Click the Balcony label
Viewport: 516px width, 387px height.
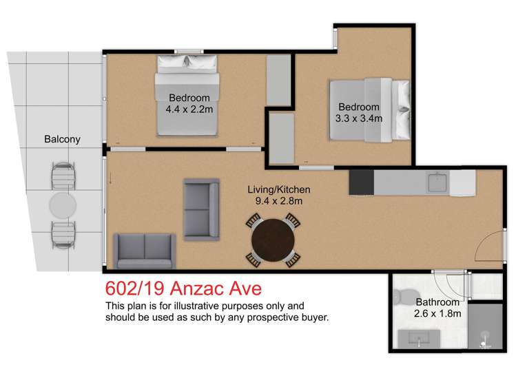[x=62, y=139]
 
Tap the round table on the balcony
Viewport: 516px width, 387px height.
[x=63, y=205]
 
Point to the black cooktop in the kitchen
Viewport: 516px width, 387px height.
[x=361, y=183]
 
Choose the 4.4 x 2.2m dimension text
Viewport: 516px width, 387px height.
[x=189, y=109]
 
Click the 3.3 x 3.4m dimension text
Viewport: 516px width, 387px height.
[x=358, y=118]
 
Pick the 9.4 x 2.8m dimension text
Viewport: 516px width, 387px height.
[x=279, y=201]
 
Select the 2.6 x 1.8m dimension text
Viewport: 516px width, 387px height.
[x=437, y=314]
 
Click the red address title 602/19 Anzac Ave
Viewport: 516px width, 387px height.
[x=183, y=286]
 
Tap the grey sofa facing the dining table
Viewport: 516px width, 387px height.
[x=201, y=200]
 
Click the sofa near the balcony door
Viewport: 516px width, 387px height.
[x=144, y=250]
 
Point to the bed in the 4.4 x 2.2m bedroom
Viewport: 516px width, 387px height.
[x=188, y=94]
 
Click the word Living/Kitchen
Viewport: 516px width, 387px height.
[x=279, y=189]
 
